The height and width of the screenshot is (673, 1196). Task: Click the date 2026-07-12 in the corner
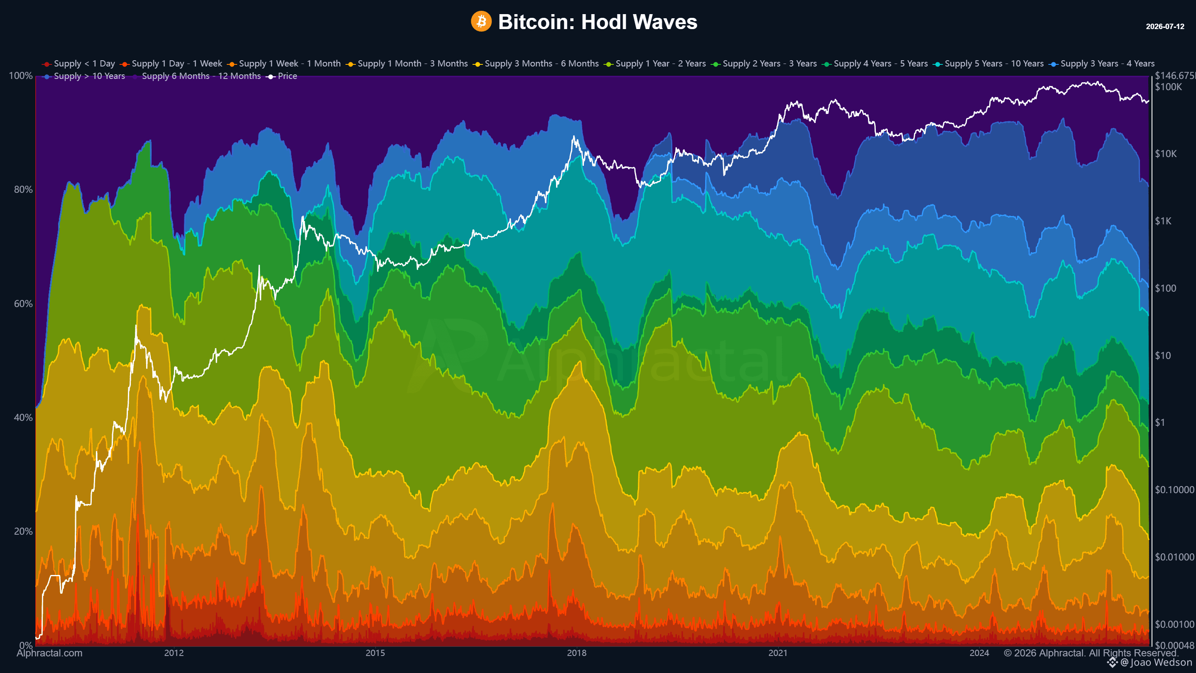tap(1165, 27)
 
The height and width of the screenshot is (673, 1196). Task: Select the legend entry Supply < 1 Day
tap(78, 64)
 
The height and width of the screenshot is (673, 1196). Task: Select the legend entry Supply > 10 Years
tap(83, 76)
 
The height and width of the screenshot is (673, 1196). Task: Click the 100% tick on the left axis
tap(21, 76)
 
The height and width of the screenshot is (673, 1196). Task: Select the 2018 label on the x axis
tap(577, 653)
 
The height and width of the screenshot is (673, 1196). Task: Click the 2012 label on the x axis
tap(174, 653)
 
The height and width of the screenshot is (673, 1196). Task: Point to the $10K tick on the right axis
tap(1166, 154)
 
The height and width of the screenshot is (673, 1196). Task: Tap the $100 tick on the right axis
tap(1166, 288)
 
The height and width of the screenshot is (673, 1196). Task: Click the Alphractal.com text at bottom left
tap(50, 653)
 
